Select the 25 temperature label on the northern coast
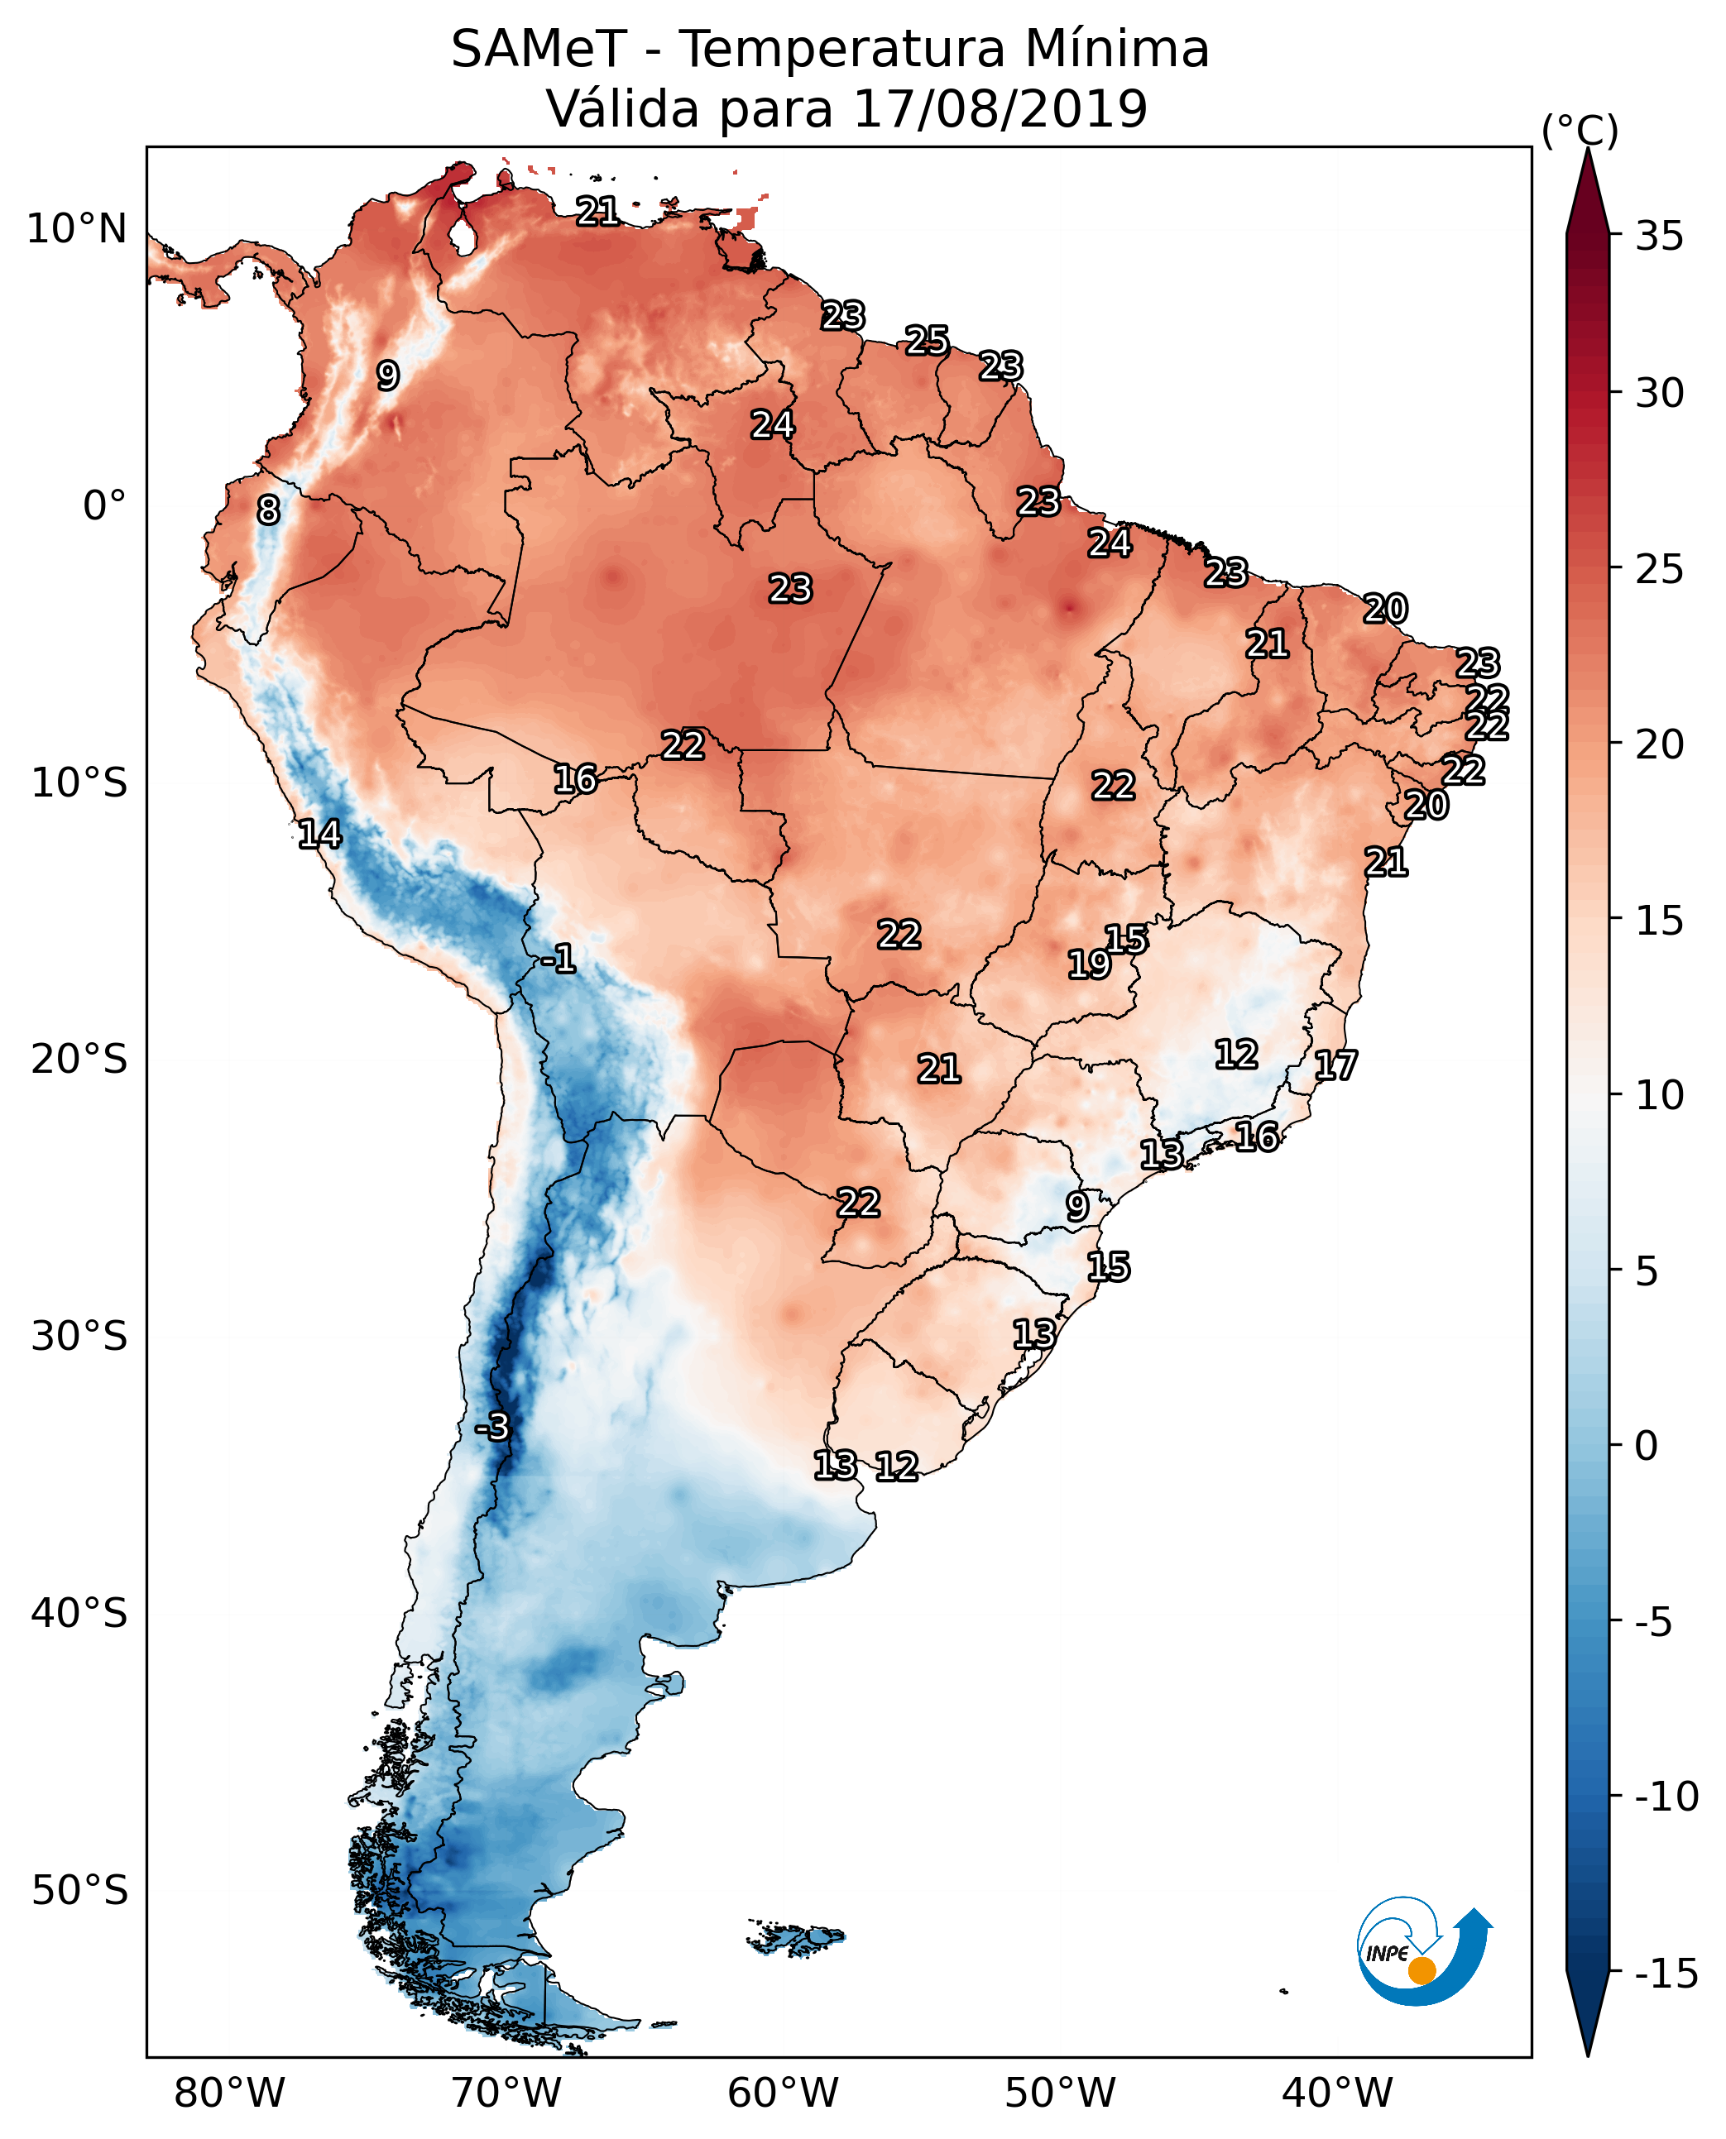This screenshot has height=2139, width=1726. [x=927, y=341]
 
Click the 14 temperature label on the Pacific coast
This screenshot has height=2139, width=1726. [x=320, y=834]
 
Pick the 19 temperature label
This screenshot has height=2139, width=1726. [x=1089, y=964]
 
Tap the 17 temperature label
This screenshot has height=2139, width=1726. [x=1335, y=1065]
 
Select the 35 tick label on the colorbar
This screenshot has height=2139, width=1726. [x=1659, y=237]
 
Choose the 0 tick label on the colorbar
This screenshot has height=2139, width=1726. [x=1647, y=1446]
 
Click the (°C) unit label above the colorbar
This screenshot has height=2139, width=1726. [x=1580, y=130]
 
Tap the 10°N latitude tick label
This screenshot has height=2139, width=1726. [x=77, y=230]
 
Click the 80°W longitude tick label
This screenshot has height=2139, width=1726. [x=230, y=2094]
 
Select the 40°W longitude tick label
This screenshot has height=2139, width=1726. [x=1337, y=2094]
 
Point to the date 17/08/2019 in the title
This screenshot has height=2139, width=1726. [x=1000, y=109]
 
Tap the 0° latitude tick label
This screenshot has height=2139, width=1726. [x=104, y=506]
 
